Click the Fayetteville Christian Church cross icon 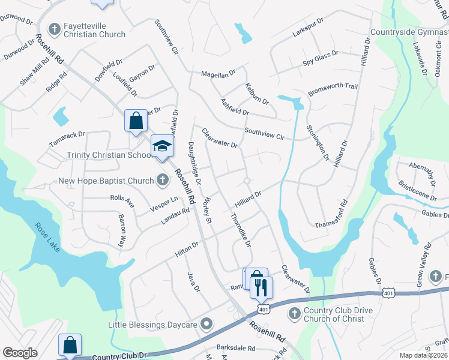(x=54, y=29)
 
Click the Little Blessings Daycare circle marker (x=206, y=325)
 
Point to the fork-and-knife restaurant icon (x=261, y=287)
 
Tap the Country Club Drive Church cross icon (x=294, y=313)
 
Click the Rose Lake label (x=48, y=238)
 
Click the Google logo (x=20, y=353)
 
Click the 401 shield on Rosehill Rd (x=263, y=308)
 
